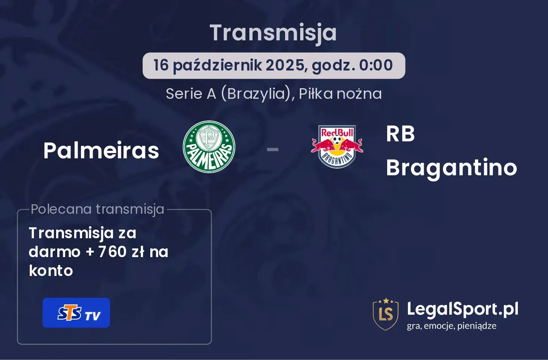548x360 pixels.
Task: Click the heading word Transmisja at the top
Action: pos(273,34)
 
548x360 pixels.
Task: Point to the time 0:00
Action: pos(376,65)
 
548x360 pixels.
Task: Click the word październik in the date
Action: pos(217,66)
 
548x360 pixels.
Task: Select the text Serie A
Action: pos(191,94)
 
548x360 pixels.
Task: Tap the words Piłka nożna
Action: pos(340,94)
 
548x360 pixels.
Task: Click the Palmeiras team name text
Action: pos(101,150)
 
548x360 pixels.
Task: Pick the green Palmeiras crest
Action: pos(209,147)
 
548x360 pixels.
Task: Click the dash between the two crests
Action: pos(273,149)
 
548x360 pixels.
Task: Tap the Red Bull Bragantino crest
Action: pos(337,147)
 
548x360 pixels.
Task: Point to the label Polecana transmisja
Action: pos(98,209)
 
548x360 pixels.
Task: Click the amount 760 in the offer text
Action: pos(112,252)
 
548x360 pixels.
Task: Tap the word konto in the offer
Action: pos(51,271)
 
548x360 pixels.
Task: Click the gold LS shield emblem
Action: pos(386,314)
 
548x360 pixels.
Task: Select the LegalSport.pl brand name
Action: pos(463,309)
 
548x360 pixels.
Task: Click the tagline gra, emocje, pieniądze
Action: pos(452,326)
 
